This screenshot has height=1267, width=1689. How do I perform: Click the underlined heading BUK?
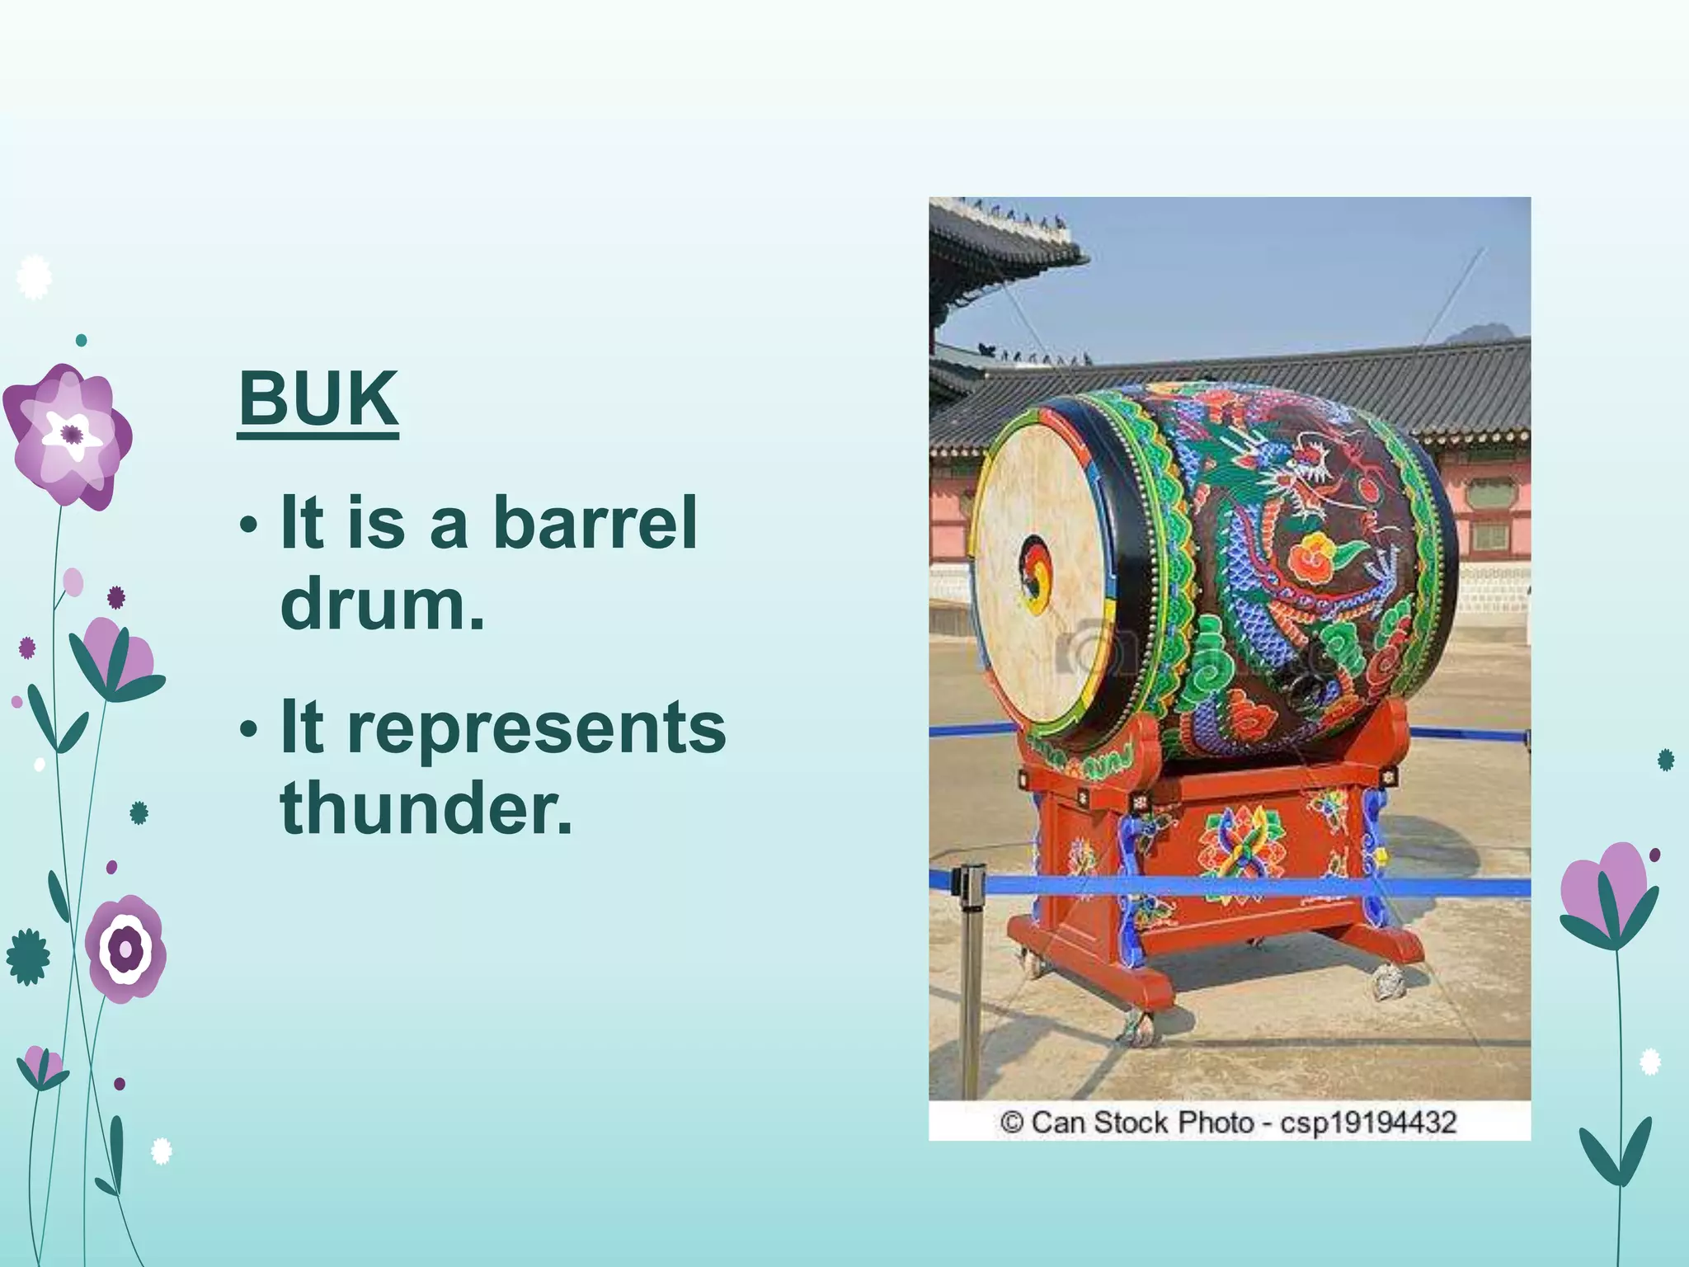coord(318,399)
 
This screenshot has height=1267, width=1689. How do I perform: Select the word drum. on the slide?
coord(383,604)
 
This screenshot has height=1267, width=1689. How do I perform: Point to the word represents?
coord(536,728)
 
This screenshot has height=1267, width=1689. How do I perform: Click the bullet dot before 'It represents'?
coord(248,729)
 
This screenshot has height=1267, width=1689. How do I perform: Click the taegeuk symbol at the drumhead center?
coord(1036,573)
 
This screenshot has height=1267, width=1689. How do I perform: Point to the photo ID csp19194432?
coord(1368,1123)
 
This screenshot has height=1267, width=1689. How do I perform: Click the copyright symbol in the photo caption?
coord(1012,1123)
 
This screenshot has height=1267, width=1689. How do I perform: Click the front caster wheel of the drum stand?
coord(1139,1027)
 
